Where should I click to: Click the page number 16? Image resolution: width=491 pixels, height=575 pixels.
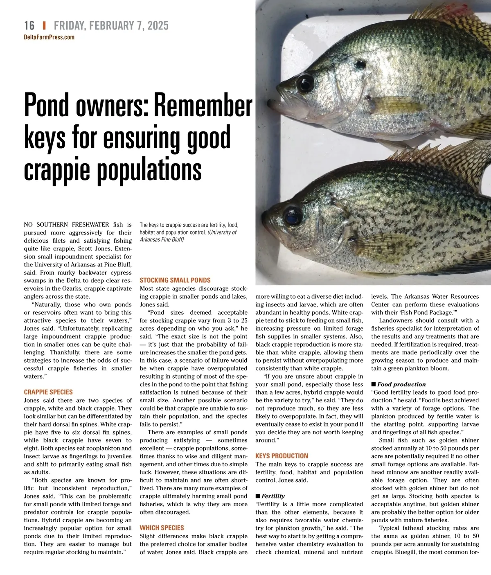[29, 25]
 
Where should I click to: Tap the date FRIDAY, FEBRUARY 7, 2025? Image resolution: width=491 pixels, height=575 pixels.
[111, 25]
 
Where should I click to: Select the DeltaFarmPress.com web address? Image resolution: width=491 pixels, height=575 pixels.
[49, 37]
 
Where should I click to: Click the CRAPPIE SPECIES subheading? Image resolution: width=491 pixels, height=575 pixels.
[48, 392]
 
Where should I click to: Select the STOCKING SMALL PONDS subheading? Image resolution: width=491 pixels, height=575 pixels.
[175, 280]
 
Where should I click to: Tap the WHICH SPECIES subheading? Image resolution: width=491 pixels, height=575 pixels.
[162, 528]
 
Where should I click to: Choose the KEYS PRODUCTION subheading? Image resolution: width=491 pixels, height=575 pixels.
[282, 456]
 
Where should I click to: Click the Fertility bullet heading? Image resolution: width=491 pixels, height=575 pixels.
[273, 496]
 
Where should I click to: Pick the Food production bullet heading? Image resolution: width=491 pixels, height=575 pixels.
[401, 384]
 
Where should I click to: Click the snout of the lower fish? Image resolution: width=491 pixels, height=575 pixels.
[266, 217]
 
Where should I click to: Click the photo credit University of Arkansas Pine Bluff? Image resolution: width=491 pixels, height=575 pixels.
[188, 236]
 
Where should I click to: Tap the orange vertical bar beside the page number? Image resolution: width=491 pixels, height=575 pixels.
[44, 25]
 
